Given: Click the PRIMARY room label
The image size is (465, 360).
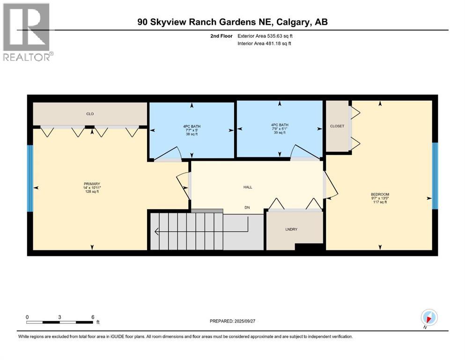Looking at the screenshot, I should click(92, 184).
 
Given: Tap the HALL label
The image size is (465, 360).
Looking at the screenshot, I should click(248, 187).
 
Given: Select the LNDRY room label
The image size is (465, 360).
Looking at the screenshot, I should click(292, 229).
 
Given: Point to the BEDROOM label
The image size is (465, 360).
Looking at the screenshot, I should click(380, 195).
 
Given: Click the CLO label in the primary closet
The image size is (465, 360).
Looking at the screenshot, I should click(90, 113).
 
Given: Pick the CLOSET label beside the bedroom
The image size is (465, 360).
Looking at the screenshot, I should click(337, 126).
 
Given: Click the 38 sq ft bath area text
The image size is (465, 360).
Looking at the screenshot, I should click(191, 134).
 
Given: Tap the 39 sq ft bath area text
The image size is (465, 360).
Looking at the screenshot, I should click(279, 133).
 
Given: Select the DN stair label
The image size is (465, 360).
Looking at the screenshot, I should click(248, 207).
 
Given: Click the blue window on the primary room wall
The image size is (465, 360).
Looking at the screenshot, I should click(30, 178).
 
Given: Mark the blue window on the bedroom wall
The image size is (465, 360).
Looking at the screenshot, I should click(435, 175).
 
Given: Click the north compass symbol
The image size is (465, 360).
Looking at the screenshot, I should click(429, 317).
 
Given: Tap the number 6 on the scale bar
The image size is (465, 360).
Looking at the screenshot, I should click(93, 317).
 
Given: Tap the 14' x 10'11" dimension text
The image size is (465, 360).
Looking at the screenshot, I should click(92, 187).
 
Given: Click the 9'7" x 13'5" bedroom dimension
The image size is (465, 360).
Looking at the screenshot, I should click(380, 198).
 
